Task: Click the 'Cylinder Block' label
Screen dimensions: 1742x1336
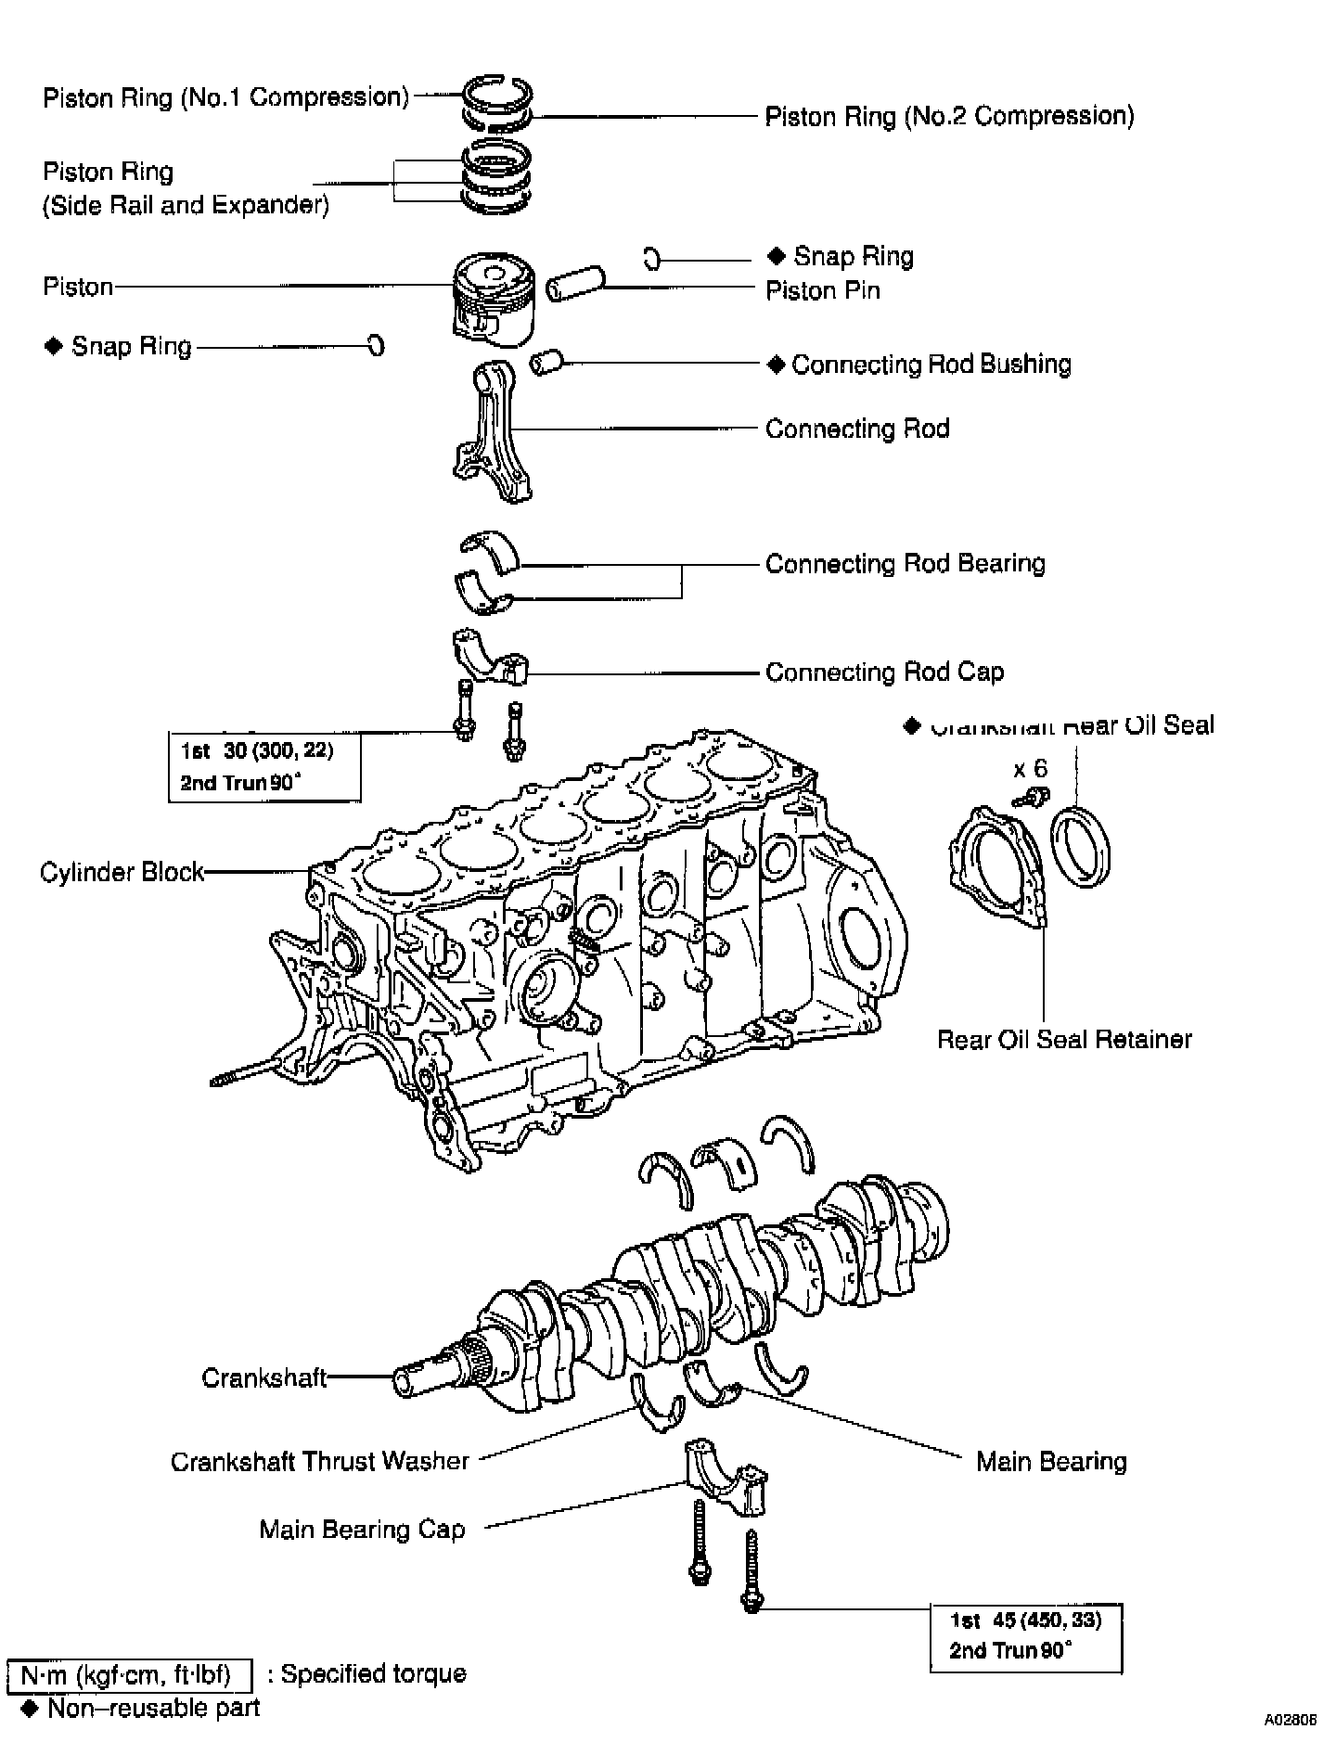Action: [122, 873]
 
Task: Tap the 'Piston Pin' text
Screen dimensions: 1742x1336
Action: [822, 291]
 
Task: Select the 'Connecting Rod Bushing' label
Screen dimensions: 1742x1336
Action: [931, 365]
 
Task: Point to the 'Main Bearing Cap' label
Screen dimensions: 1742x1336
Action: [362, 1530]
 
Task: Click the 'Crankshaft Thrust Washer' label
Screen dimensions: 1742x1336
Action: [320, 1462]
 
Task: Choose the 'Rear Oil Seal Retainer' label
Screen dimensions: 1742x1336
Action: [1064, 1040]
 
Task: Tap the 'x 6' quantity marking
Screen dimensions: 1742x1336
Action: [1030, 769]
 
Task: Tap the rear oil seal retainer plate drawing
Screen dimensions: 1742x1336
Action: [996, 864]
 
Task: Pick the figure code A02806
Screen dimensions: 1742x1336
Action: [1291, 1719]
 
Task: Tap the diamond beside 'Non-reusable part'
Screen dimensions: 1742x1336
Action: [29, 1709]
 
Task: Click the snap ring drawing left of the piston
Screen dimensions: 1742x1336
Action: [376, 346]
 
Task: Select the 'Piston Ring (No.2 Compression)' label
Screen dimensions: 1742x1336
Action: [949, 117]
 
